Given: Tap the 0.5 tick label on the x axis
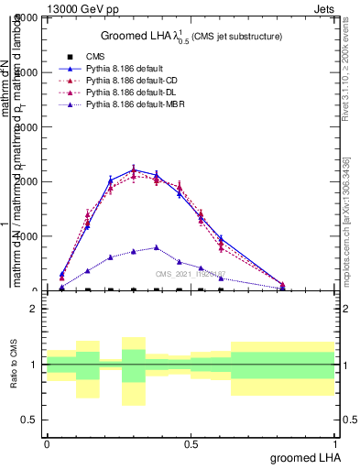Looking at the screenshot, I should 191,442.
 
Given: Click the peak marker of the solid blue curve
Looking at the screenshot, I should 134,170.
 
